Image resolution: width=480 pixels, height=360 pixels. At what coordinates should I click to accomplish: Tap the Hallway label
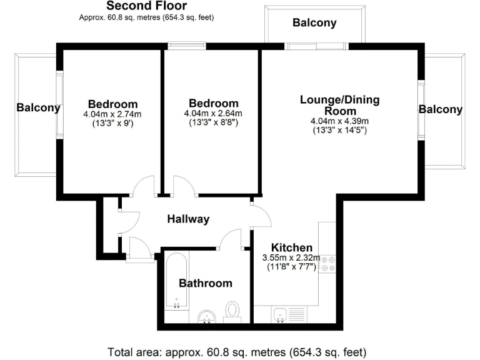pos(188,219)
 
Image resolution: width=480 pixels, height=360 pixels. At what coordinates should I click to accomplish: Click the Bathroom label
pos(206,283)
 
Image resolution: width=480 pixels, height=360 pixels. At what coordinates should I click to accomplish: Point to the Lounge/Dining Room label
pos(339,105)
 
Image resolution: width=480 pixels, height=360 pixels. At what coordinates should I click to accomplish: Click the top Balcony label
pos(314,23)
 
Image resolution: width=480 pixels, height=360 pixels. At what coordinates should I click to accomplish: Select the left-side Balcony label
pos(38,107)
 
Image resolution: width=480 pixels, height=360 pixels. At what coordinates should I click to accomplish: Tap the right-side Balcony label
pos(441,109)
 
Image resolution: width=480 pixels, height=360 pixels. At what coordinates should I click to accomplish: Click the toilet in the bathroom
pos(232,311)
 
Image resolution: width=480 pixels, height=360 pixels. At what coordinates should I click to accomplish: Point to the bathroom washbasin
pos(206,317)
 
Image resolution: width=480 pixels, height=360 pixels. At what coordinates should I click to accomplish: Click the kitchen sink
pos(280,315)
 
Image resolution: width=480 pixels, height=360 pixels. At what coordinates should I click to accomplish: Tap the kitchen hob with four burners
pos(327,264)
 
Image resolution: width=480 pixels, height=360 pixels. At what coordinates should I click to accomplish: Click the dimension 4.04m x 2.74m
pos(112,114)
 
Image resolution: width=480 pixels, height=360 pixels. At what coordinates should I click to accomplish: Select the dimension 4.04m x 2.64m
pos(213,114)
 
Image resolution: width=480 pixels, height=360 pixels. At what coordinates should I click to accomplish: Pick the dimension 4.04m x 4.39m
pos(339,121)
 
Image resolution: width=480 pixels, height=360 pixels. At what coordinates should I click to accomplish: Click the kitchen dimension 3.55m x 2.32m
pos(291,257)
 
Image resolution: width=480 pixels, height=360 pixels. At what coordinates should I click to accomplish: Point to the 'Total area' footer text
pos(237,350)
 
